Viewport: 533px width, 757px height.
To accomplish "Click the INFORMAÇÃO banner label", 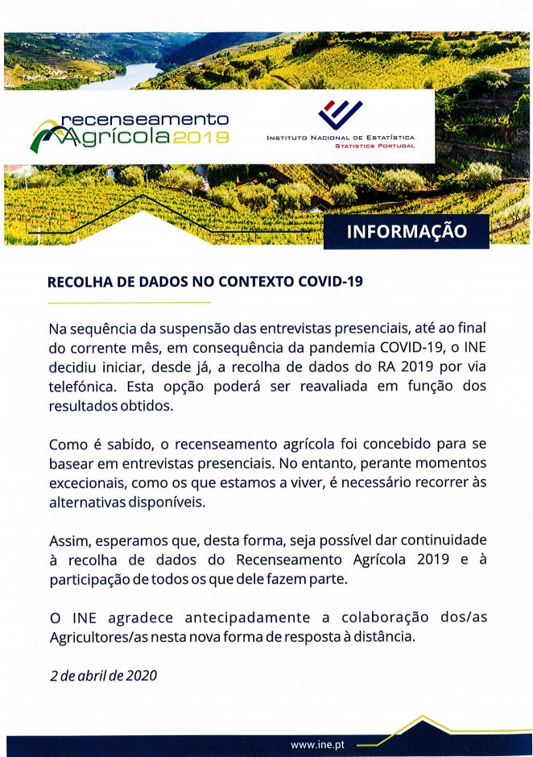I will click(407, 231).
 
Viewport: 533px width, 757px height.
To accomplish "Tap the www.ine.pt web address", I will click(318, 744).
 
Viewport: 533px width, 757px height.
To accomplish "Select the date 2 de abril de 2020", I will click(103, 675).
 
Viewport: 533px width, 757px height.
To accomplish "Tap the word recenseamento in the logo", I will click(145, 118).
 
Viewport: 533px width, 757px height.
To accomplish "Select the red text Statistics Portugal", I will click(374, 147).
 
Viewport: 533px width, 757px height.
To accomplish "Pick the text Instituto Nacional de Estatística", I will click(341, 139).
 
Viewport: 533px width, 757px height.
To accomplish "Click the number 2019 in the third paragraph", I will click(436, 559).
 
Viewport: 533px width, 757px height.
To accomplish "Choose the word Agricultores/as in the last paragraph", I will click(96, 637).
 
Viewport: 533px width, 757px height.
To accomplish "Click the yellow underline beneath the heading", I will click(129, 303).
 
